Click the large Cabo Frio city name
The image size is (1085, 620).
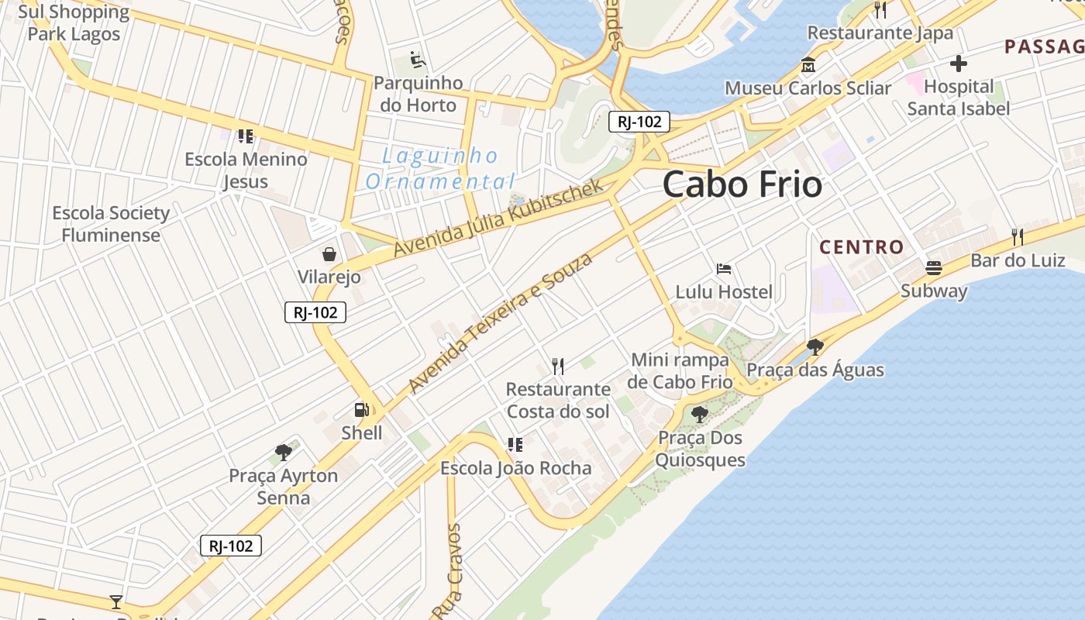point(742,184)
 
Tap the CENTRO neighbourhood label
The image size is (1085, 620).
point(862,247)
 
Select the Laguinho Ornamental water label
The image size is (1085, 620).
point(440,169)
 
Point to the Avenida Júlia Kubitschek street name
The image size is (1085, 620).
point(498,219)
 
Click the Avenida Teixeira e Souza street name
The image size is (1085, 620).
point(500,322)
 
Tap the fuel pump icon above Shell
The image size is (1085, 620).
point(361,410)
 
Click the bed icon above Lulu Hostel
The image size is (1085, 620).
point(724,269)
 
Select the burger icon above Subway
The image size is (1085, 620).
point(934,268)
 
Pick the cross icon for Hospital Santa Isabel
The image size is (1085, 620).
point(959,64)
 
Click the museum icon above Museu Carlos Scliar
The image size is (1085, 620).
point(808,65)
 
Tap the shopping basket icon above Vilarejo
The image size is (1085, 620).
point(329,253)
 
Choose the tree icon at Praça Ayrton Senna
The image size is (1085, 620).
point(283,452)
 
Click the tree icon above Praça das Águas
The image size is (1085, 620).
point(815,346)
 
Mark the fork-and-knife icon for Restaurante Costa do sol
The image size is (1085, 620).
point(558,366)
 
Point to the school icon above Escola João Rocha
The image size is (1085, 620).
point(515,445)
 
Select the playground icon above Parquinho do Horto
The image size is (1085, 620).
point(417,60)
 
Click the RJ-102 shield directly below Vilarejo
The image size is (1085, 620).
point(315,312)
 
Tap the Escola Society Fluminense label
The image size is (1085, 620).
point(111,224)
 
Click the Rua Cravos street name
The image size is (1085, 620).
point(448,572)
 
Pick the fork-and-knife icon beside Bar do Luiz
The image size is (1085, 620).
point(1018,236)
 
